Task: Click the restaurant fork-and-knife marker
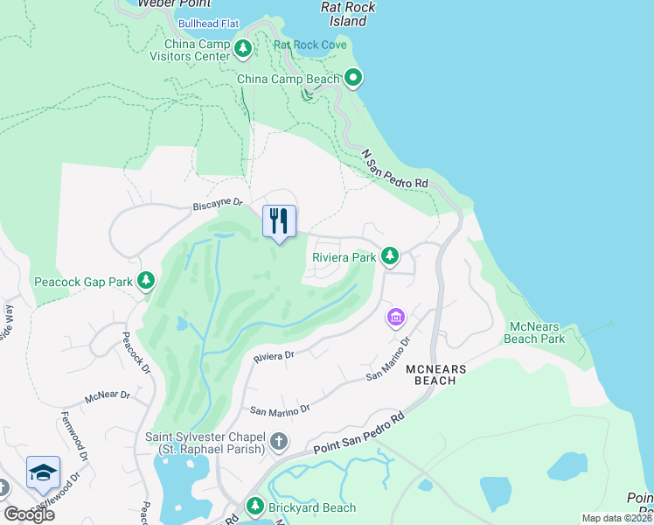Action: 279,221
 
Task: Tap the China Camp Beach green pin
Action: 353,80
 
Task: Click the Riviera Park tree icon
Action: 390,257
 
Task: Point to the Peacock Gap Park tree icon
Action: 146,282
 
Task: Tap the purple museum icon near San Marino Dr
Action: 395,317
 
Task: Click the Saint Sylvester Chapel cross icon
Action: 278,440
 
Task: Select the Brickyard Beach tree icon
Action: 255,507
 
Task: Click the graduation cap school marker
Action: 43,473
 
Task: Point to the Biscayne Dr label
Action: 217,203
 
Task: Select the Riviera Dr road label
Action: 275,356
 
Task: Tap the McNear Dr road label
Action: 107,396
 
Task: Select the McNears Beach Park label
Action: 537,332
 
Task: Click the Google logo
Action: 29,514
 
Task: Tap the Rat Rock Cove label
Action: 310,45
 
